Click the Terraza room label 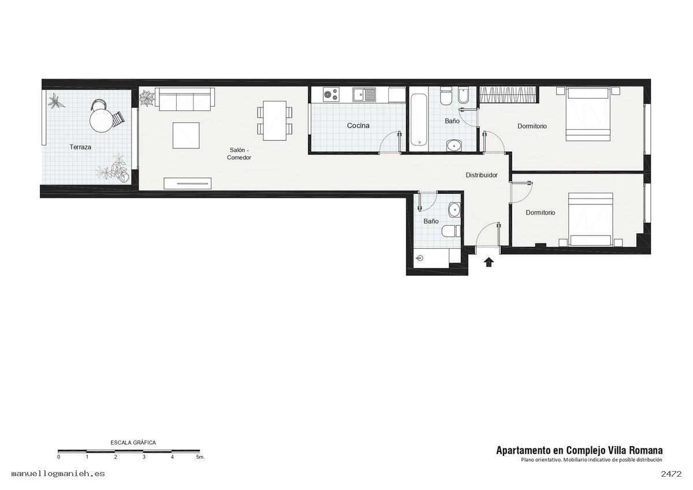pyautogui.click(x=80, y=147)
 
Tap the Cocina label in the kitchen pyautogui.click(x=358, y=125)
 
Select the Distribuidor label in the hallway pyautogui.click(x=482, y=175)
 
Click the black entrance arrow pyautogui.click(x=489, y=262)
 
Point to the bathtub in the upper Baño pyautogui.click(x=419, y=120)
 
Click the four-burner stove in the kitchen pyautogui.click(x=331, y=94)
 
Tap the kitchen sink pyautogui.click(x=364, y=94)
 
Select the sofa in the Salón pyautogui.click(x=185, y=99)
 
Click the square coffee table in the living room pyautogui.click(x=186, y=136)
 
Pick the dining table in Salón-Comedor pyautogui.click(x=274, y=121)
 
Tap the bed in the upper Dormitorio pyautogui.click(x=587, y=114)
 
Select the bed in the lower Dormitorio pyautogui.click(x=591, y=219)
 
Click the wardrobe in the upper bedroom pyautogui.click(x=508, y=94)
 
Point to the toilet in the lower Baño pyautogui.click(x=452, y=231)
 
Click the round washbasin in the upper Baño pyautogui.click(x=454, y=145)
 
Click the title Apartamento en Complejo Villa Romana pyautogui.click(x=579, y=450)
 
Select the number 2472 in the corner pyautogui.click(x=671, y=474)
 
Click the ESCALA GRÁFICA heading pyautogui.click(x=133, y=443)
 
